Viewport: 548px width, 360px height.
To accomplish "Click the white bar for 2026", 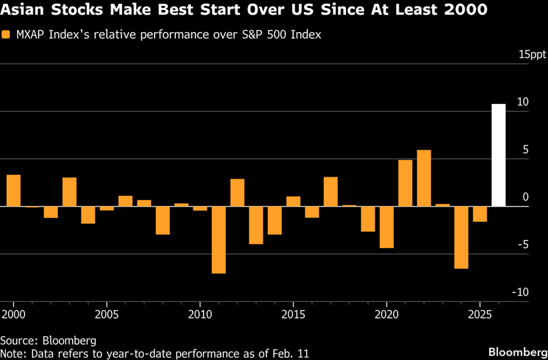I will point(499,155).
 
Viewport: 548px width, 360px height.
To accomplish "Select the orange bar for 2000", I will point(13,191).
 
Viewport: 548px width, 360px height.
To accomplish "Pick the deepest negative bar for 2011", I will point(219,240).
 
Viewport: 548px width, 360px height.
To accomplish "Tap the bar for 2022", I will point(424,178).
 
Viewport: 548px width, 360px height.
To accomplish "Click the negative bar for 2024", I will point(461,237).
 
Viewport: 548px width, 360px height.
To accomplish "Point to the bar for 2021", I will point(405,183).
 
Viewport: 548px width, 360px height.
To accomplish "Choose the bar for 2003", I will point(69,192).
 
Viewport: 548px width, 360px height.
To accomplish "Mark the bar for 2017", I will point(331,191).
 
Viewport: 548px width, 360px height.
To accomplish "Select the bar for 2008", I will point(163,221).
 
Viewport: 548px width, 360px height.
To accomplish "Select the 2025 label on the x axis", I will point(480,313).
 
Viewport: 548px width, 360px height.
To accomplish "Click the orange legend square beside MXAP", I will point(5,35).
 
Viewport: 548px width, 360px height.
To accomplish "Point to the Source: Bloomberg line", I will point(48,339).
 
